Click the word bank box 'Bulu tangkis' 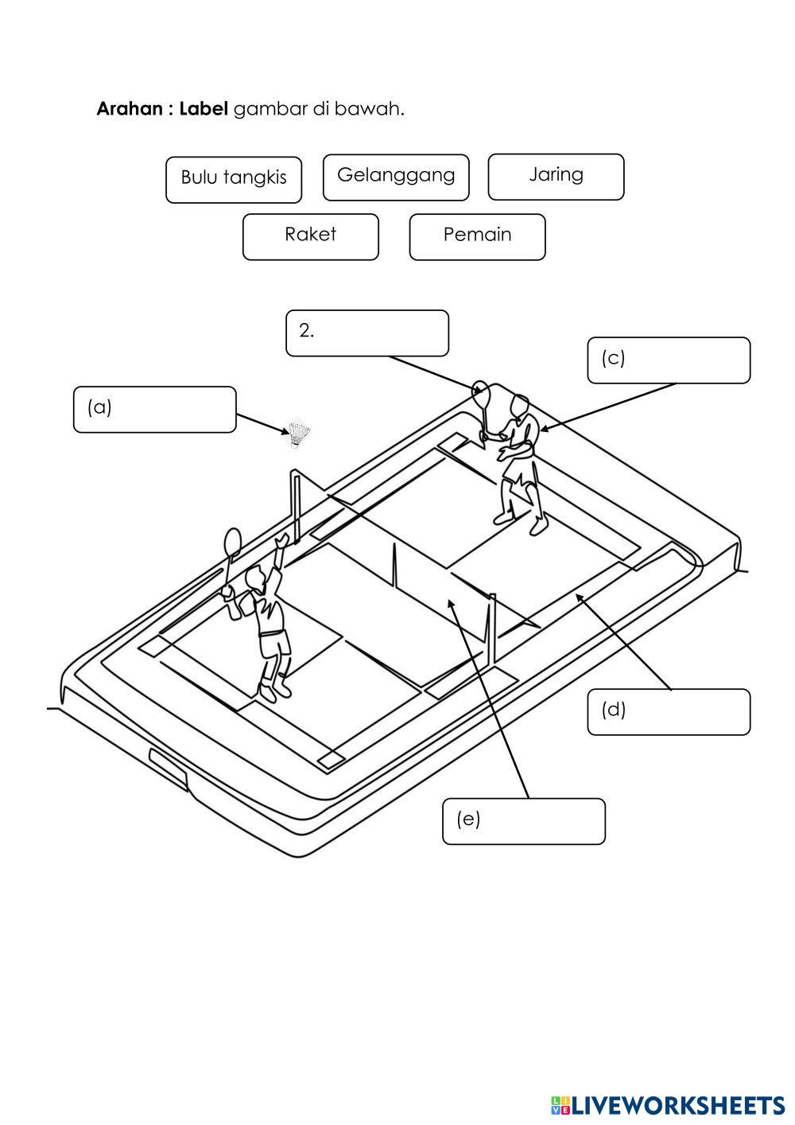(234, 179)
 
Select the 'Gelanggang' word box (396, 177)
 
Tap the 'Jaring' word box (556, 176)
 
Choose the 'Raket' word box (310, 236)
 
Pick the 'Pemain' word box (477, 236)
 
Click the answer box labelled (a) (155, 410)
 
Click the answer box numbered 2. (367, 333)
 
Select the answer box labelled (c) (669, 360)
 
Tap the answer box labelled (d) (669, 711)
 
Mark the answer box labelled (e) (523, 820)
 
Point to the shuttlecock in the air (299, 434)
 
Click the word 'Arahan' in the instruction (129, 109)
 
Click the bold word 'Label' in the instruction (204, 109)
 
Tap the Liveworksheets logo (667, 1104)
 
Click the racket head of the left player (232, 542)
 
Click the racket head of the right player (481, 391)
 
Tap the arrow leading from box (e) (491, 700)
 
